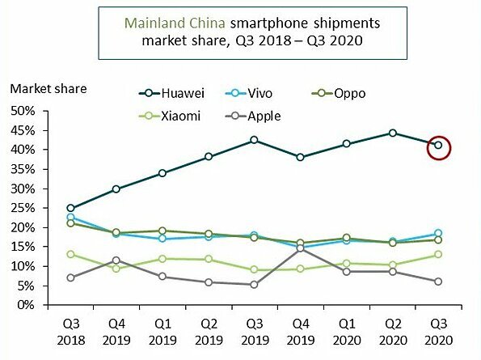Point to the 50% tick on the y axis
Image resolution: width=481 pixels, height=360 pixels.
coord(24,111)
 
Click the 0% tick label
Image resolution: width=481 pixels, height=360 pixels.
coord(27,306)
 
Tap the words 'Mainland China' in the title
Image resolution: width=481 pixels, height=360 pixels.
coord(165,21)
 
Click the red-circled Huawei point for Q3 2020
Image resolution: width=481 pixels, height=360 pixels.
coord(438,146)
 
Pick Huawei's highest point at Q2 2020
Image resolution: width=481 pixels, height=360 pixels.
coord(392,133)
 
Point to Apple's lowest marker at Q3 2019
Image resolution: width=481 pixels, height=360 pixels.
coord(254,285)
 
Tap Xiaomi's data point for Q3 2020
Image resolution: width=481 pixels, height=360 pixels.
coord(438,255)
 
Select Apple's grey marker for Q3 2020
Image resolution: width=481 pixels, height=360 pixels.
coord(438,282)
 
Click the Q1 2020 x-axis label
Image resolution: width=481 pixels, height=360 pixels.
coord(346,332)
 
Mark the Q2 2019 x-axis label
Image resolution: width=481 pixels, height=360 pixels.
coord(208,332)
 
